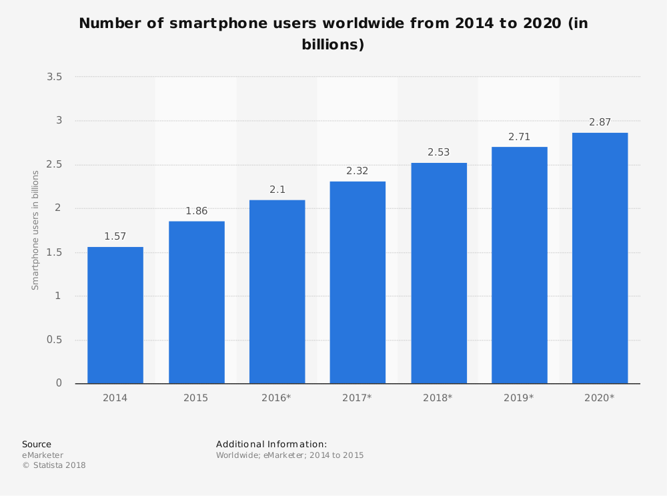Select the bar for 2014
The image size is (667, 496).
pos(115,315)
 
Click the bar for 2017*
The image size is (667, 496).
pos(358,282)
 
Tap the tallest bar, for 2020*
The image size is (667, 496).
pos(600,258)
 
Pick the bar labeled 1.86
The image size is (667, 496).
pos(196,302)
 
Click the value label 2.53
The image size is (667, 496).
pos(438,152)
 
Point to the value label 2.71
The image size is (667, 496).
pos(519,136)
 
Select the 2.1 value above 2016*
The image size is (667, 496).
pos(277,190)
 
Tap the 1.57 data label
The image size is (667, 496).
pos(115,236)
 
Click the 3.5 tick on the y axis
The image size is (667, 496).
pos(55,77)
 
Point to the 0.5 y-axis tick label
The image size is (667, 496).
pos(55,340)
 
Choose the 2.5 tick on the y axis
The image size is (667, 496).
pos(55,165)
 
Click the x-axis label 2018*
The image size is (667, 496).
pos(438,398)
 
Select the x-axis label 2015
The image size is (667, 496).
pos(196,398)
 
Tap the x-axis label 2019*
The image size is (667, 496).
pos(519,398)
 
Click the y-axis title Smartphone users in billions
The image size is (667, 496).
pos(36,230)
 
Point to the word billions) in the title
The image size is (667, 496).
pos(333,45)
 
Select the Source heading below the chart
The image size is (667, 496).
pos(37,444)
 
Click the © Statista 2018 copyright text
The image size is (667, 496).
pos(54,465)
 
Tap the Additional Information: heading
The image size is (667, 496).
pos(271,444)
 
